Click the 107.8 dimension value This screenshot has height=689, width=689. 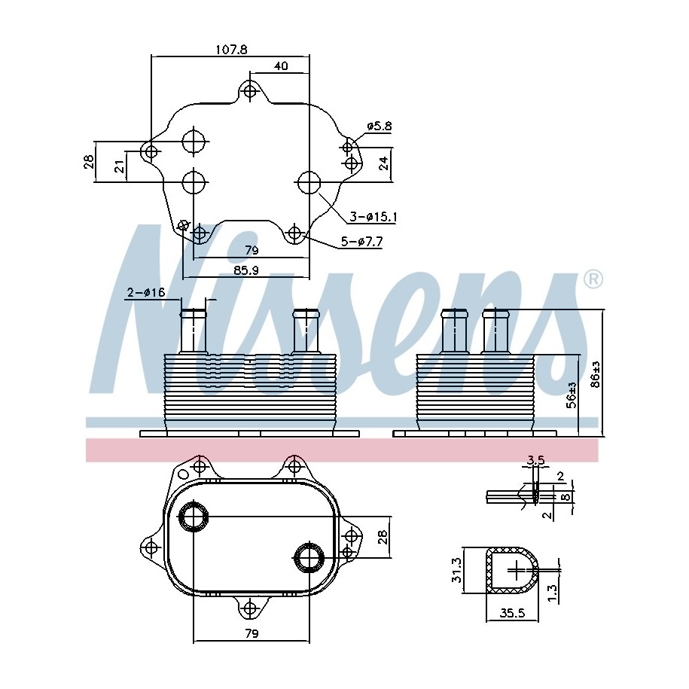point(231,49)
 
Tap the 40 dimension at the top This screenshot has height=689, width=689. point(281,66)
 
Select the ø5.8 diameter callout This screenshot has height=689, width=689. point(380,126)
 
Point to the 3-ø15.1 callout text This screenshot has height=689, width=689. point(373,217)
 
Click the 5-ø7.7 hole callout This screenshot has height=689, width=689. point(362,241)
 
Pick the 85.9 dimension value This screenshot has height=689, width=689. point(245,270)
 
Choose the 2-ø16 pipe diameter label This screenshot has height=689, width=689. point(146,292)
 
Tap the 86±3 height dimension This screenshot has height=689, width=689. point(596,374)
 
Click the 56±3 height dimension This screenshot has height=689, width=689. point(572,395)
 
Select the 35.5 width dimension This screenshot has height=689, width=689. point(512,613)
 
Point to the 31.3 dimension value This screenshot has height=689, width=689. point(456,570)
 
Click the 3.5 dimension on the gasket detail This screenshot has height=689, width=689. point(536,460)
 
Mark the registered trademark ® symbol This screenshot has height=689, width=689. point(593,279)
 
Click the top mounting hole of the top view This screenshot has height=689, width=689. point(250,91)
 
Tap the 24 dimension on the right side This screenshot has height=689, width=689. point(383,163)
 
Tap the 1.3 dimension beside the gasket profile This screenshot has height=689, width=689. point(553,593)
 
